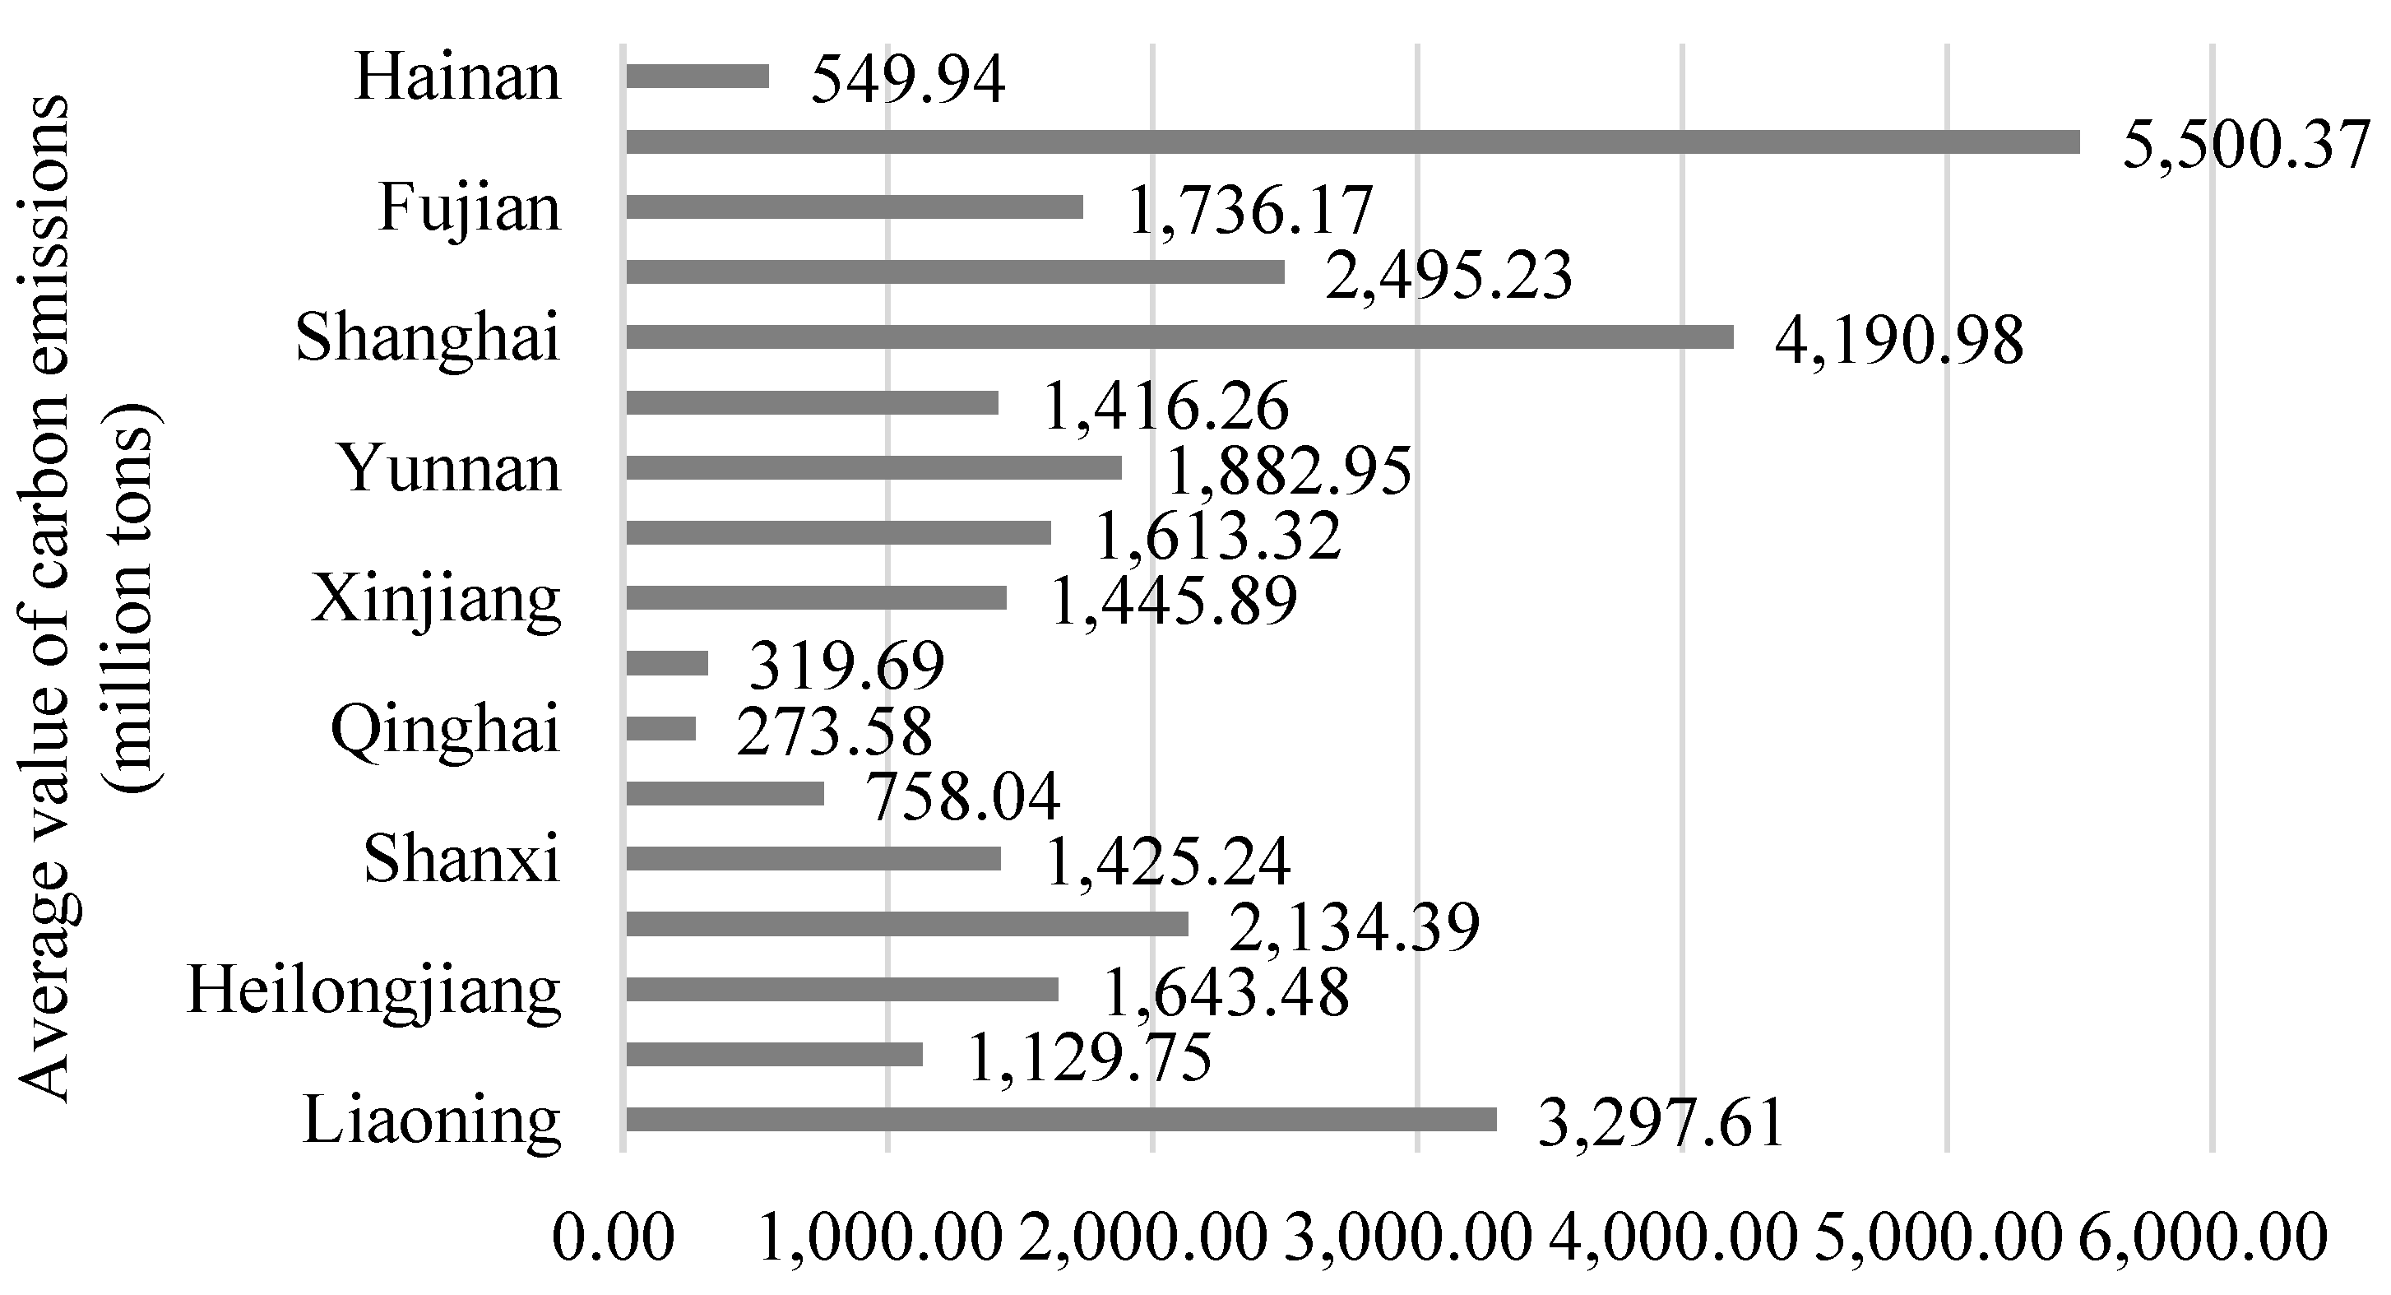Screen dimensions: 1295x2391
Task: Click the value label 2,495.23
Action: click(1448, 275)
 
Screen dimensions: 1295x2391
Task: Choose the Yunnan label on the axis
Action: click(449, 468)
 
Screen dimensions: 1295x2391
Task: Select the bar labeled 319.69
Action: click(667, 663)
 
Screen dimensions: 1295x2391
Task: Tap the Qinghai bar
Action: click(660, 729)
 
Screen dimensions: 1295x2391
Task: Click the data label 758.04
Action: click(962, 796)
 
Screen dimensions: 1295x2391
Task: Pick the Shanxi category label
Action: click(462, 860)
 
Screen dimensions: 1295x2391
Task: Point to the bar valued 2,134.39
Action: click(907, 925)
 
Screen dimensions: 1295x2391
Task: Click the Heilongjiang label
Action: click(374, 991)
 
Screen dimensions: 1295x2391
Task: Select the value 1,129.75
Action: click(1090, 1057)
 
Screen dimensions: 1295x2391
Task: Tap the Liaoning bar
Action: click(1061, 1120)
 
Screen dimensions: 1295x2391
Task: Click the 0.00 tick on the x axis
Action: click(613, 1238)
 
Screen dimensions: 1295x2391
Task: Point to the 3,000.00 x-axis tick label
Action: click(1407, 1238)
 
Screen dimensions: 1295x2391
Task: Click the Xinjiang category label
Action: click(436, 599)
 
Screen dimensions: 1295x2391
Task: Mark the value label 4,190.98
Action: click(1898, 341)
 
